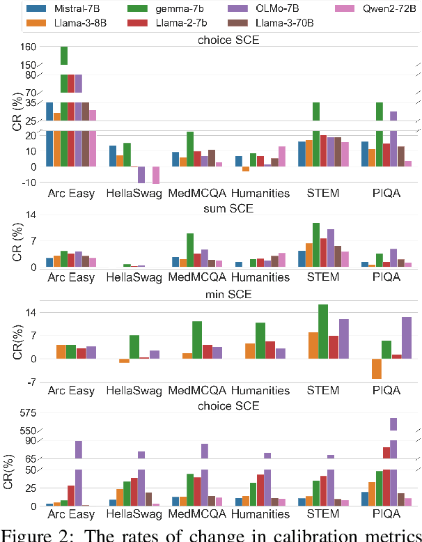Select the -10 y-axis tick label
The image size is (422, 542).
[x=26, y=183]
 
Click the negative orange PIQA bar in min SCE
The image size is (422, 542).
[x=377, y=369]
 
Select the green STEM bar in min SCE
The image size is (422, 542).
[x=322, y=332]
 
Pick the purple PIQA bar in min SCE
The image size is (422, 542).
[x=407, y=338]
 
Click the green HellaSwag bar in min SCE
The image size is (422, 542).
[x=134, y=347]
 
